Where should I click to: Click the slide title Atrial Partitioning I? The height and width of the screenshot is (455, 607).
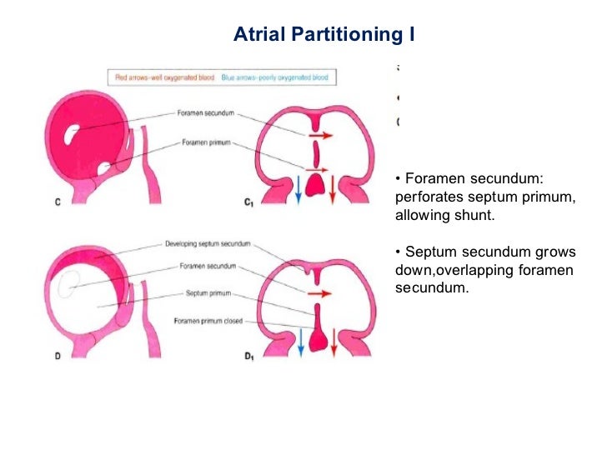coord(324,35)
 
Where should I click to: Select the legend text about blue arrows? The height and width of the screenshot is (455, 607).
coord(274,77)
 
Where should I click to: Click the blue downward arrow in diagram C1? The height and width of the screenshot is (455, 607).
coord(298,190)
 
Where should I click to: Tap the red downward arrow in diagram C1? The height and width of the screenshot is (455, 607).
coord(333,190)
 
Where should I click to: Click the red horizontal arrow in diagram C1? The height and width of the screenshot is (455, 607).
coord(320,133)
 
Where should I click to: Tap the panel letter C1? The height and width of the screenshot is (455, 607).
coord(248,202)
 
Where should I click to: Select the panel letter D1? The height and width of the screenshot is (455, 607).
coord(248,357)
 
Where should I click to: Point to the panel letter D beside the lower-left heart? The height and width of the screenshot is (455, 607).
coord(57,356)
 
